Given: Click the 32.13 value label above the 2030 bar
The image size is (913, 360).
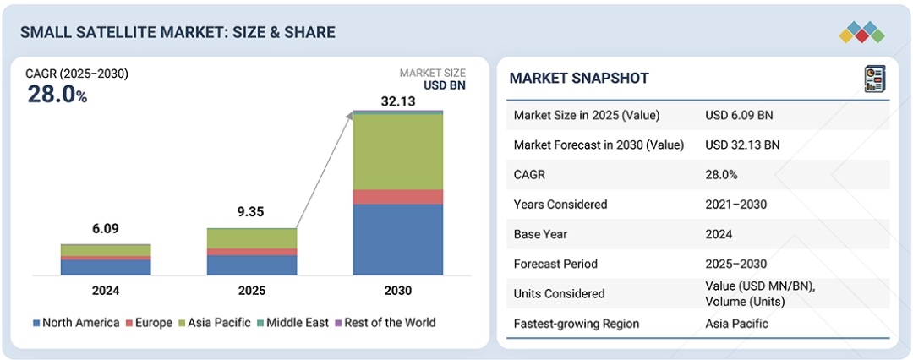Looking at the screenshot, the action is coord(397,101).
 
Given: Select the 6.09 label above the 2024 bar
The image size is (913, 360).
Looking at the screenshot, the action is coord(106,229).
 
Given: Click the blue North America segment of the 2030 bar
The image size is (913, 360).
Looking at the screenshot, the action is coord(397,239).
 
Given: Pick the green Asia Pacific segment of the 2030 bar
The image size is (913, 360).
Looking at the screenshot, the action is coord(397,151).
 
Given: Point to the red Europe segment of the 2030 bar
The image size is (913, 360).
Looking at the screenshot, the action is coord(397,197).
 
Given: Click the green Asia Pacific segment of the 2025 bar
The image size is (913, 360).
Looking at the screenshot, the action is coord(252,239).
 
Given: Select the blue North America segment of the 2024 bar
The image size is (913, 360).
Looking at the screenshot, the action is coord(106,267).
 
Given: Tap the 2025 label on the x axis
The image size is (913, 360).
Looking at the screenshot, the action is coord(252,291).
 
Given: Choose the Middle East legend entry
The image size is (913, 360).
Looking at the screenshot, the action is coord(292,322).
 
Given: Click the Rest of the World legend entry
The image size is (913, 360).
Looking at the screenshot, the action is coord(385,322).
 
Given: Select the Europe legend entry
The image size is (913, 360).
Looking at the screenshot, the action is coord(149,322).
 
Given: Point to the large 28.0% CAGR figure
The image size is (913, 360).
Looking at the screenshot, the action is coord(57,95).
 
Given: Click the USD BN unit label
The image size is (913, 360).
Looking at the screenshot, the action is coord(444,85).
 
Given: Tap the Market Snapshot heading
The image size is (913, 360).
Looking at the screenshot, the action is coord(579,78).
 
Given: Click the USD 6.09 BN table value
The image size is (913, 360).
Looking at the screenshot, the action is coord(739,115).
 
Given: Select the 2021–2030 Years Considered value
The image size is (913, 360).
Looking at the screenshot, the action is coord(735,204).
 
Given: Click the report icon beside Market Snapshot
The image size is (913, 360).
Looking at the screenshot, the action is coord(875,79).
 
